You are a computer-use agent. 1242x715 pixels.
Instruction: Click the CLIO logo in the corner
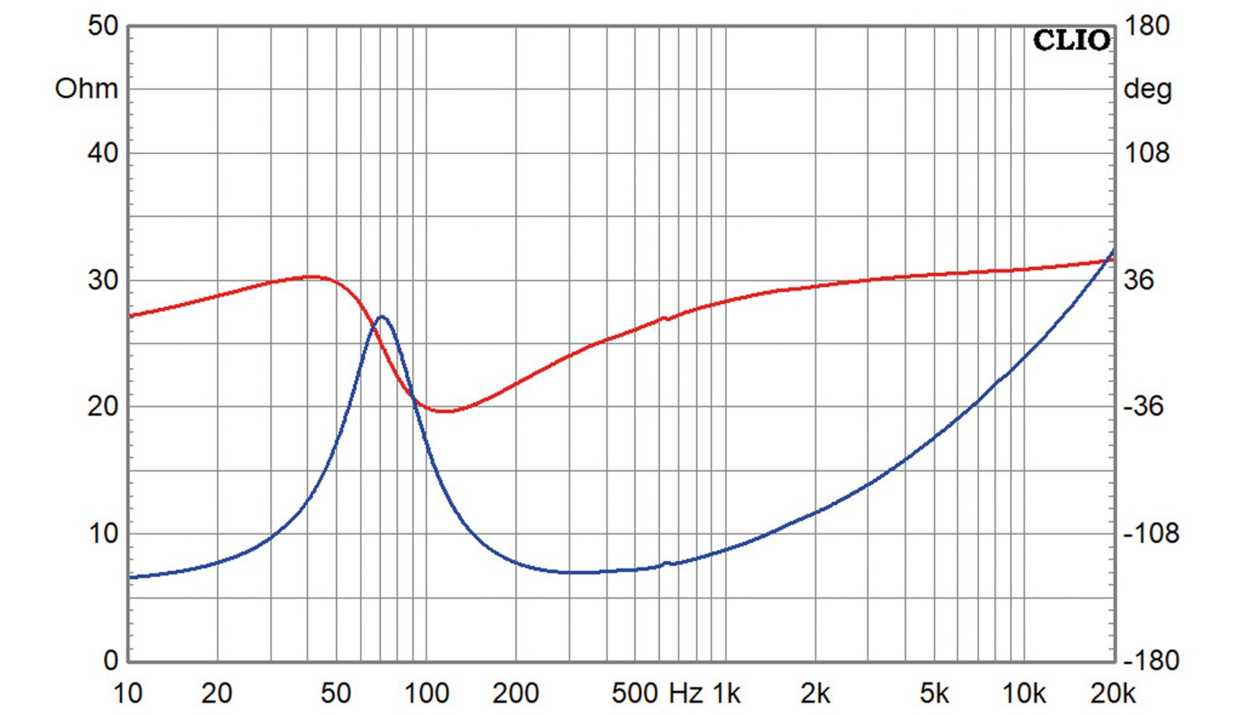(x=1071, y=40)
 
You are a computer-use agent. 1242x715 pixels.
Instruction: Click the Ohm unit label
(x=86, y=89)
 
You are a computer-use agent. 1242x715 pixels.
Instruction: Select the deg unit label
(x=1147, y=89)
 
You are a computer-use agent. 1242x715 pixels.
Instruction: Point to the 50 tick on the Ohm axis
(x=103, y=26)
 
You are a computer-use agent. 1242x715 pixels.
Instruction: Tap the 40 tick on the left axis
(x=103, y=153)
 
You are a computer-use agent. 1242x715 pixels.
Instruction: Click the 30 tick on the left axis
(x=103, y=280)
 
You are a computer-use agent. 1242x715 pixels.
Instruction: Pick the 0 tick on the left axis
(x=110, y=660)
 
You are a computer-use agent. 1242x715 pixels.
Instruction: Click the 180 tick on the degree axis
(x=1147, y=26)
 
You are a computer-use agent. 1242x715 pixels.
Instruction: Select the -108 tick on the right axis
(x=1150, y=534)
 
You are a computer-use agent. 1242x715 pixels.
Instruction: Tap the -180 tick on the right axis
(x=1150, y=660)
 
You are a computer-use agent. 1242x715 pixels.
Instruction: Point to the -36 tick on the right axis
(x=1143, y=406)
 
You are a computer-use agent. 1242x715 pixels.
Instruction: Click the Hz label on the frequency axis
(x=686, y=693)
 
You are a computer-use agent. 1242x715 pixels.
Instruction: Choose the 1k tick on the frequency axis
(x=726, y=693)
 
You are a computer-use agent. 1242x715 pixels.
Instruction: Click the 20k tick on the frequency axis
(x=1113, y=693)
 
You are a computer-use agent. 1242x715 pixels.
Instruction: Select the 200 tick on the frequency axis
(x=516, y=693)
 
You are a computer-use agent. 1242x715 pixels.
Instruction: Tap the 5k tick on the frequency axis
(x=934, y=693)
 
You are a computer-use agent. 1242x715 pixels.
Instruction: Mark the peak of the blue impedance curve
(x=382, y=316)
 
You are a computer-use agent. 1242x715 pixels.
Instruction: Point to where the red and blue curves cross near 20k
(x=1107, y=260)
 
